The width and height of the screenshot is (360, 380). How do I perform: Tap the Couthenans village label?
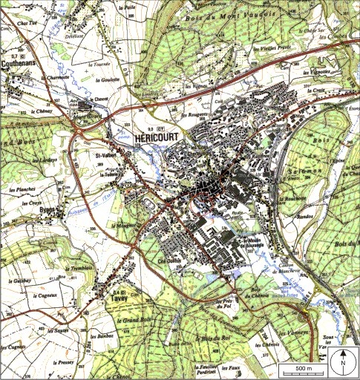click(x=23, y=64)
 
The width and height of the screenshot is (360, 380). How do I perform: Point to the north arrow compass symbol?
click(x=344, y=363)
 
